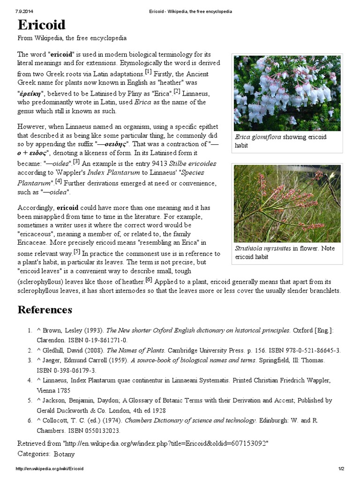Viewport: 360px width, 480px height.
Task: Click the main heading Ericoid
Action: [42, 25]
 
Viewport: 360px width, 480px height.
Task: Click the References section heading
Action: [45, 310]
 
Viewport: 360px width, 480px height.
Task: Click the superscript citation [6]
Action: [149, 280]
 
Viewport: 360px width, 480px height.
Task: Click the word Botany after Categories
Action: [64, 454]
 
